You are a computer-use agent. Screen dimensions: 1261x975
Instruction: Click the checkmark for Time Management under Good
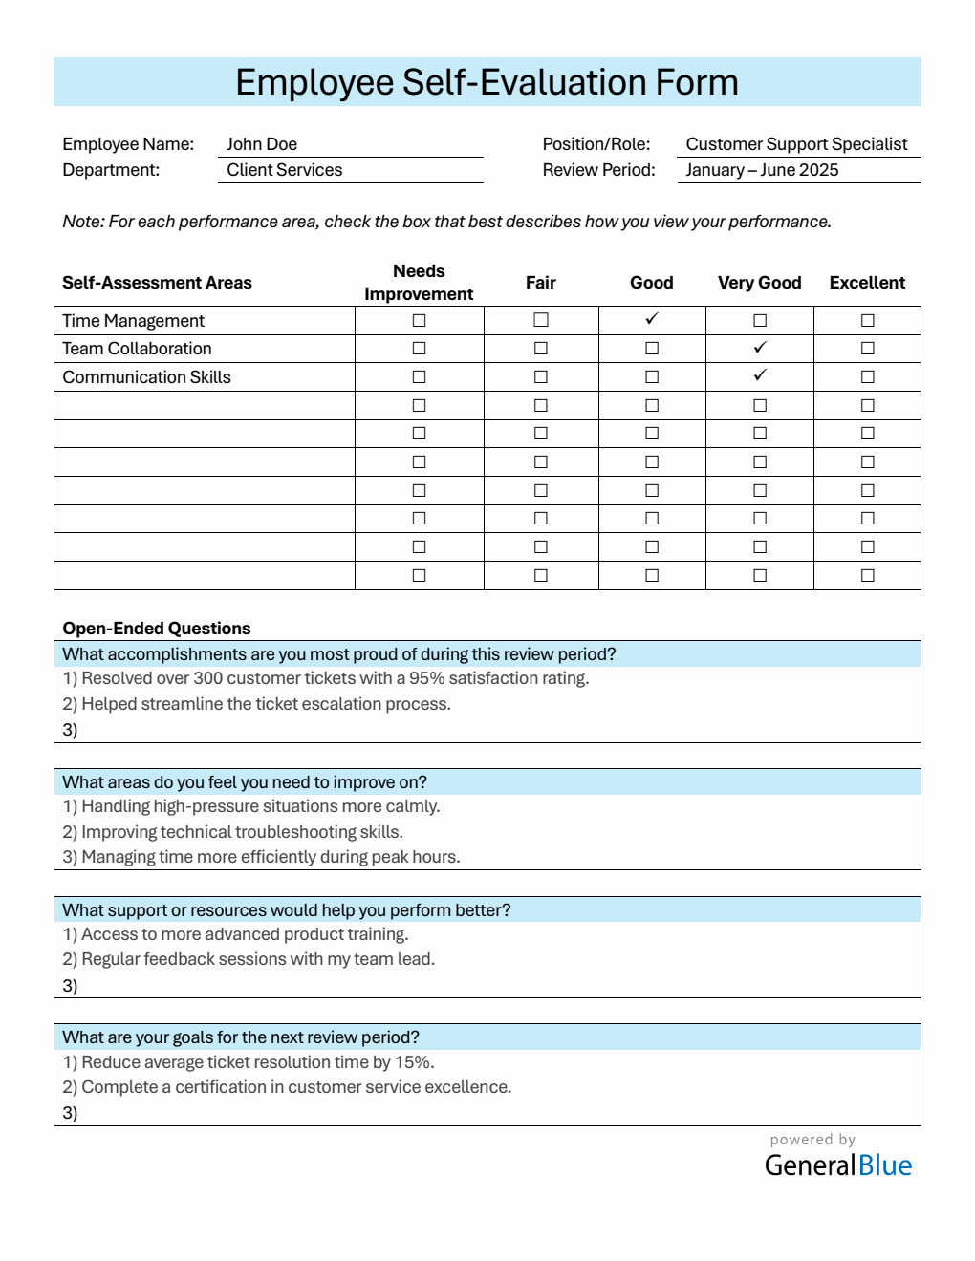(652, 319)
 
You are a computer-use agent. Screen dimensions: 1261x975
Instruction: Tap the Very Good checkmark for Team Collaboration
(760, 348)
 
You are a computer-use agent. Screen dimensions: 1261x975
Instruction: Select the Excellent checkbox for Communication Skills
(867, 376)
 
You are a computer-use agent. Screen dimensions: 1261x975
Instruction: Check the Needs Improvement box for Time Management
(419, 320)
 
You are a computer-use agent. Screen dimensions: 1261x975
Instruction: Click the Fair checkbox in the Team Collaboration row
(541, 348)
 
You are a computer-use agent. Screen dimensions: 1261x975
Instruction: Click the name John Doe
(262, 144)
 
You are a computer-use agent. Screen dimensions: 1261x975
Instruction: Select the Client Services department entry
(284, 170)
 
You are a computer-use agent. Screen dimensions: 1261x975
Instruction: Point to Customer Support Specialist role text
(796, 144)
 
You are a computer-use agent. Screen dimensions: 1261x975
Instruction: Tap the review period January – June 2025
(762, 170)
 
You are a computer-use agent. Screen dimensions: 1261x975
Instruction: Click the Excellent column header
(867, 283)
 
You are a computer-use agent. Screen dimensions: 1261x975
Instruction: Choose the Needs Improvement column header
(419, 283)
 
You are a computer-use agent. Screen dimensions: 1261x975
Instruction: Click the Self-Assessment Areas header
(157, 283)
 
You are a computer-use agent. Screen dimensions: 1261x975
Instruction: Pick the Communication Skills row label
(147, 377)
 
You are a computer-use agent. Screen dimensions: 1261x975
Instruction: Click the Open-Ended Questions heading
(157, 629)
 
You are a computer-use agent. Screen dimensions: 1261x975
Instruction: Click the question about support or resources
(287, 910)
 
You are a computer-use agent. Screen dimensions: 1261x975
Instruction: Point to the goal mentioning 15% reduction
(249, 1062)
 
